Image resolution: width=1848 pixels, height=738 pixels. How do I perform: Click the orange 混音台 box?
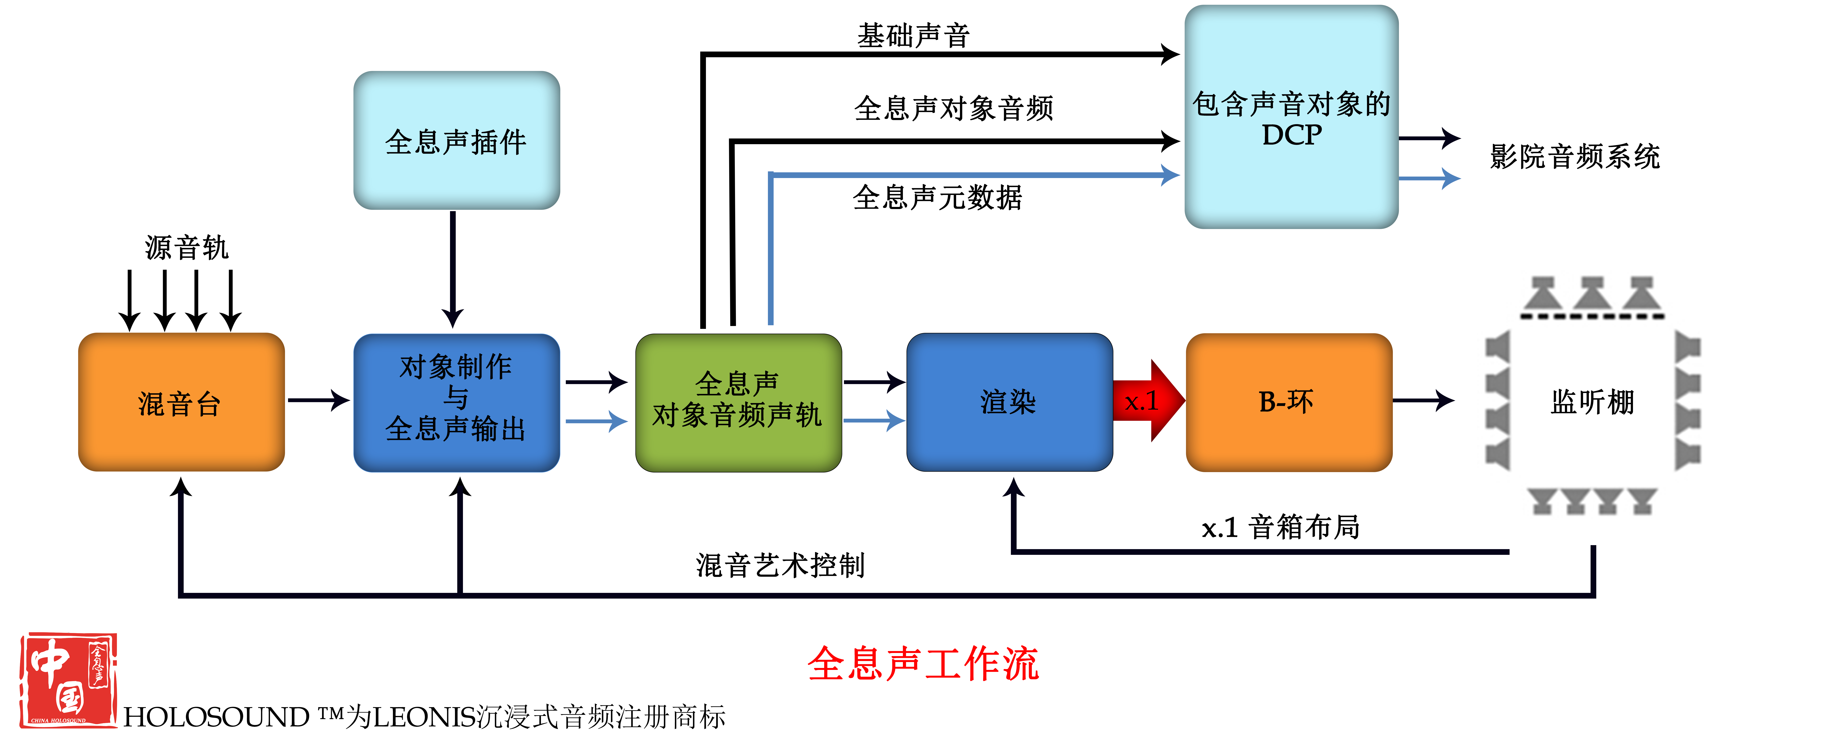182,402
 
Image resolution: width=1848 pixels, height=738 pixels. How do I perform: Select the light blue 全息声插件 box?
456,141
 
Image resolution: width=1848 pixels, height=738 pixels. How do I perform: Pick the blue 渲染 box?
1009,402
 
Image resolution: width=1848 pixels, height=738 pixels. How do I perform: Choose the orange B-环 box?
1289,402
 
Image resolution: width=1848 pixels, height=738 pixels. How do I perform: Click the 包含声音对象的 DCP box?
1291,117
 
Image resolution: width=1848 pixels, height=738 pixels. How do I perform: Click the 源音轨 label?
187,248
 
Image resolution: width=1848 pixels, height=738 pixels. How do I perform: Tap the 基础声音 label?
913,35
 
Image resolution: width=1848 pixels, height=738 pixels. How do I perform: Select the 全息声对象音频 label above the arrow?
953,108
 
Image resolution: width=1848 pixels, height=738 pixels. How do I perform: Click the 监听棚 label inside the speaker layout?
1593,402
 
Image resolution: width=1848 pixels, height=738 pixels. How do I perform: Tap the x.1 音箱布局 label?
1280,527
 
